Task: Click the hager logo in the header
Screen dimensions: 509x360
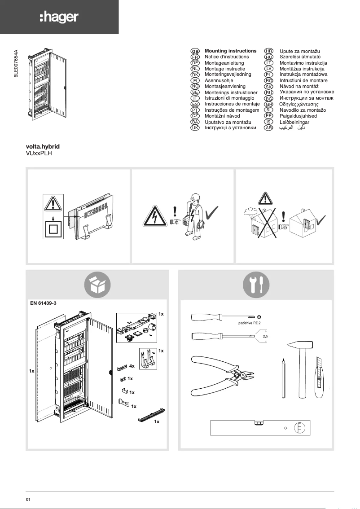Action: pos(59,17)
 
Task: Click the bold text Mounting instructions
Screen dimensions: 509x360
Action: pos(230,51)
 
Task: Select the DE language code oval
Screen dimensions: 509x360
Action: pos(195,63)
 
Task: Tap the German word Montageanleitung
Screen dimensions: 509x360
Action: pos(224,63)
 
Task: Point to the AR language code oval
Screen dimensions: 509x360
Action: pos(269,128)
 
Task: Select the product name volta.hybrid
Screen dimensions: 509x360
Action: pos(43,147)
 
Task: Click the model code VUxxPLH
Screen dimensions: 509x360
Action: pos(40,153)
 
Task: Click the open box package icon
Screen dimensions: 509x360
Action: pos(97,284)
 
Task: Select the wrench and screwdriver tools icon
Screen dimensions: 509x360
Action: pos(256,284)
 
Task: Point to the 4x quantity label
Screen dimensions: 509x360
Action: pos(132,366)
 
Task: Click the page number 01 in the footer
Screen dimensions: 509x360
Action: pos(28,499)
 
